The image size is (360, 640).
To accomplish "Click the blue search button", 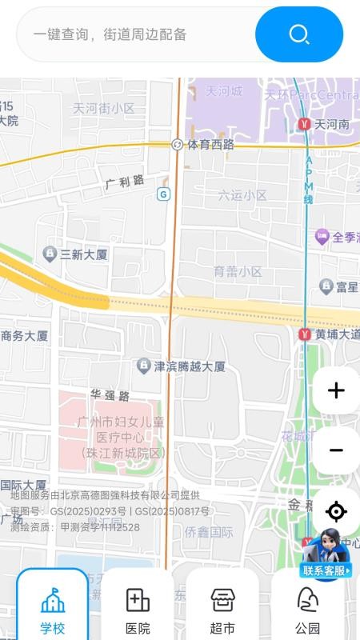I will (299, 34).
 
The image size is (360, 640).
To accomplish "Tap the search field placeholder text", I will (110, 34).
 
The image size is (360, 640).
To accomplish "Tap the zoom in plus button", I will (336, 390).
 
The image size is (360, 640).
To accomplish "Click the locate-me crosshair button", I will (336, 511).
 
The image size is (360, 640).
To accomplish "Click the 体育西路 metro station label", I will (210, 145).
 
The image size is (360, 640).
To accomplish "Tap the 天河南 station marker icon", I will (304, 125).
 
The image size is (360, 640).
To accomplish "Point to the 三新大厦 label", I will (83, 254).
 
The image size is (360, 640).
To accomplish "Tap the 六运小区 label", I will (242, 195).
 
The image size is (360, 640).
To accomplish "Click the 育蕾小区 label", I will (238, 272).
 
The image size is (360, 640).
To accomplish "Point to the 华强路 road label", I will (110, 395).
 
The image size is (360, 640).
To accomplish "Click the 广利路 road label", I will (125, 182).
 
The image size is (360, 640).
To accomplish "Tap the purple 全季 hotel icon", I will (322, 237).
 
